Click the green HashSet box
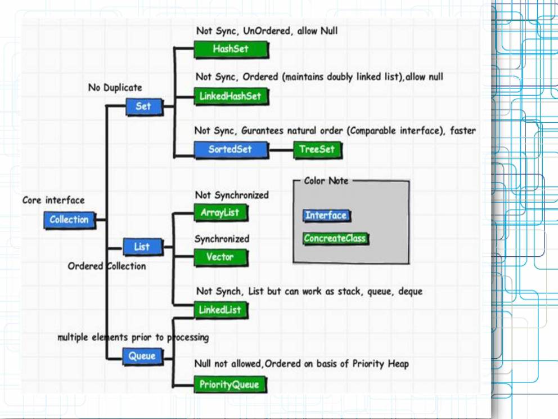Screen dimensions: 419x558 tap(231, 49)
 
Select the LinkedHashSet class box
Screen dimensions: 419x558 tap(231, 96)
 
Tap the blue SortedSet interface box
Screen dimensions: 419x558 tap(231, 150)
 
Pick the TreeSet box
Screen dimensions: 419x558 tap(317, 150)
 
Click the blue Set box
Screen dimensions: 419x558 tap(143, 106)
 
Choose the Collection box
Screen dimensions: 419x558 tap(69, 220)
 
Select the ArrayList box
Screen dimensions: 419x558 tap(220, 213)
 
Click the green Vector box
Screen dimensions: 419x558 tap(220, 257)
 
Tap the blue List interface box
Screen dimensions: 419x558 tap(142, 247)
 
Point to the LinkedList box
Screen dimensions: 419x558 tap(220, 310)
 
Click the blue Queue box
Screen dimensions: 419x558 tap(142, 356)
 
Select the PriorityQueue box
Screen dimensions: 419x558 tap(229, 385)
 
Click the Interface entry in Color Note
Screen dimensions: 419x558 tap(326, 215)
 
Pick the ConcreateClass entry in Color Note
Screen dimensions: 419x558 tap(335, 238)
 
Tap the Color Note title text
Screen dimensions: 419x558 tap(326, 181)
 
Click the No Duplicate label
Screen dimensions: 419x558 tap(115, 88)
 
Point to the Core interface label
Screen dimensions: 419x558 tap(53, 200)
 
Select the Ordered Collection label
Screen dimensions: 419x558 tap(106, 266)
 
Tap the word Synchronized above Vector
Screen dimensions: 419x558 tap(222, 239)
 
